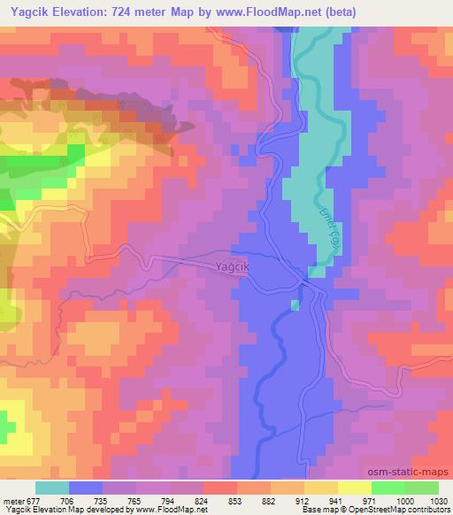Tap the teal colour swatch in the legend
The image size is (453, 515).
click(x=51, y=487)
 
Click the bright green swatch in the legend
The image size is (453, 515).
click(x=388, y=487)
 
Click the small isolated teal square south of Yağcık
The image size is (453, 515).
click(x=295, y=305)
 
